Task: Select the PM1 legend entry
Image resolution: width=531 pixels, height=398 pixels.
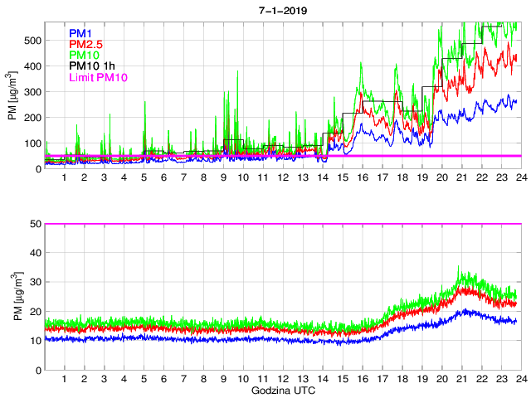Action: [x=80, y=33]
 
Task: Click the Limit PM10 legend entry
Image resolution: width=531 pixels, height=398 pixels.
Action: [x=99, y=77]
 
